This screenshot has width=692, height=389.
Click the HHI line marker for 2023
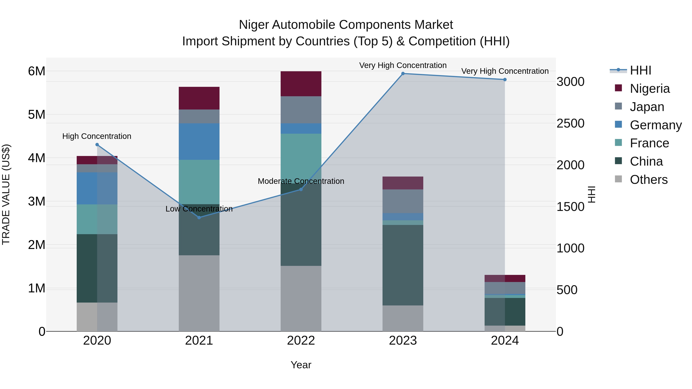coord(403,74)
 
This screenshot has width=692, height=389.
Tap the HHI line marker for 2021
coord(199,217)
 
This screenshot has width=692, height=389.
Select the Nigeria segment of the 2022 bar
coord(301,84)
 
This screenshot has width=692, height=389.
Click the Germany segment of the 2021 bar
coord(199,142)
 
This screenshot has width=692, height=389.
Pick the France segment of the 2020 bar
coord(97,219)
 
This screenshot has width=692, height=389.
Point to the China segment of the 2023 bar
coord(403,265)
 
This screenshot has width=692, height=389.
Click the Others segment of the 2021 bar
coord(199,293)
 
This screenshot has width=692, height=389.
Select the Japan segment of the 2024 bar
coord(505,288)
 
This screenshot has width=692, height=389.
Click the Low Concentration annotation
coord(199,209)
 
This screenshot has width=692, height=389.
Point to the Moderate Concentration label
coord(301,181)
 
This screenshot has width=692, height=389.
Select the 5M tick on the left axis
coord(37,115)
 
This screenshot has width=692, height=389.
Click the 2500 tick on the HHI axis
coord(570,124)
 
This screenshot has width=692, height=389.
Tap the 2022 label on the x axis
coord(301,341)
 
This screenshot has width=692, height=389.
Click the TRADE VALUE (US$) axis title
coord(6,194)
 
